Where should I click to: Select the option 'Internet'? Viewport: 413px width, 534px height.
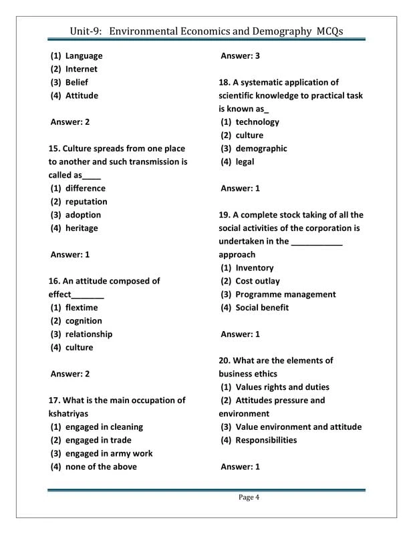(x=81, y=69)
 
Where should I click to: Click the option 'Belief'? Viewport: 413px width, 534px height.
(x=77, y=82)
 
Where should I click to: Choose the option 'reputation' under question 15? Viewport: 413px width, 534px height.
(x=86, y=202)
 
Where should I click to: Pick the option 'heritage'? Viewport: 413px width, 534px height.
(x=82, y=228)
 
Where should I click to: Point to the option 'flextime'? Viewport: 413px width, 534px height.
(x=82, y=308)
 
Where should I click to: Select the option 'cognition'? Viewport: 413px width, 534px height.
(x=84, y=321)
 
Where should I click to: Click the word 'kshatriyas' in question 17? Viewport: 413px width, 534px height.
(x=68, y=414)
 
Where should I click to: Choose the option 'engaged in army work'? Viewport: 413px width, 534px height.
(x=109, y=453)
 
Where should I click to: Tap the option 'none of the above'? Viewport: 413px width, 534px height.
(x=101, y=467)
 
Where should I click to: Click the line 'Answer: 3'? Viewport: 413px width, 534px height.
(x=240, y=56)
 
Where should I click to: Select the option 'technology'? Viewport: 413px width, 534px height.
(x=257, y=122)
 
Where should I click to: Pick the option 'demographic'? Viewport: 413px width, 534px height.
(x=261, y=149)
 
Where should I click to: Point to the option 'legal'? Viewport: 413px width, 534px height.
(x=245, y=162)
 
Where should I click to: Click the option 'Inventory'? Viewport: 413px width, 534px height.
(x=255, y=268)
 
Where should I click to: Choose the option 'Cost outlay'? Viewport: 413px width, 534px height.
(x=258, y=281)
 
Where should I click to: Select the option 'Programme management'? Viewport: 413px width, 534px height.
(x=286, y=294)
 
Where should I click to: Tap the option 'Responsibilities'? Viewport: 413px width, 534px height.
(x=266, y=441)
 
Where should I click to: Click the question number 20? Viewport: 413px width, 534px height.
(x=225, y=360)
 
